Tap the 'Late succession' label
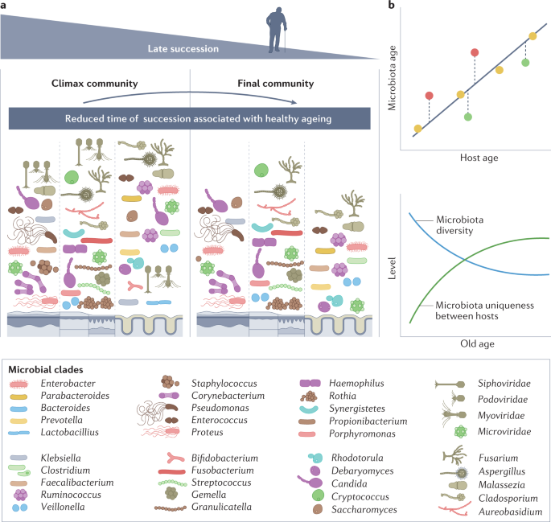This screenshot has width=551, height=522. pyautogui.click(x=183, y=50)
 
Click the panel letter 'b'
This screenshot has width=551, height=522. pyautogui.click(x=391, y=6)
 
